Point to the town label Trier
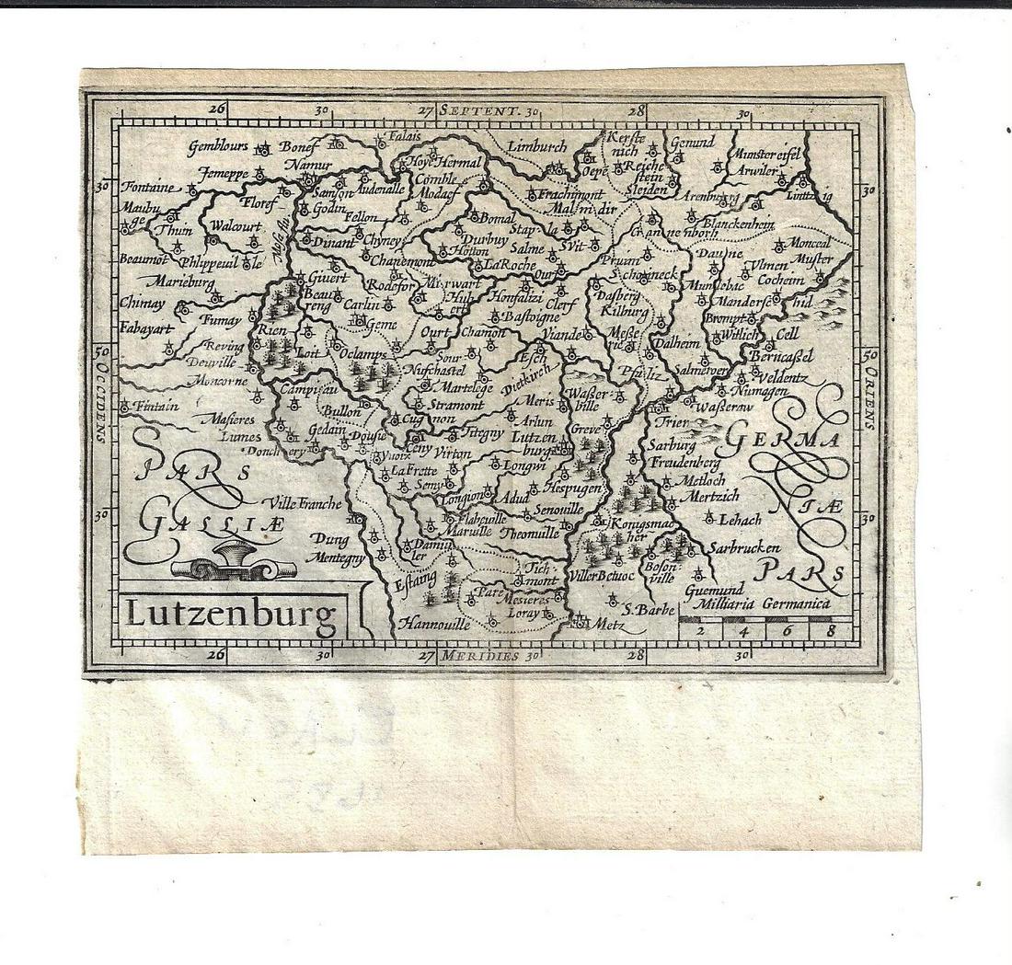(673, 421)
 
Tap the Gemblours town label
(220, 145)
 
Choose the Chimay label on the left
(143, 303)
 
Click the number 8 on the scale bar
(831, 630)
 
